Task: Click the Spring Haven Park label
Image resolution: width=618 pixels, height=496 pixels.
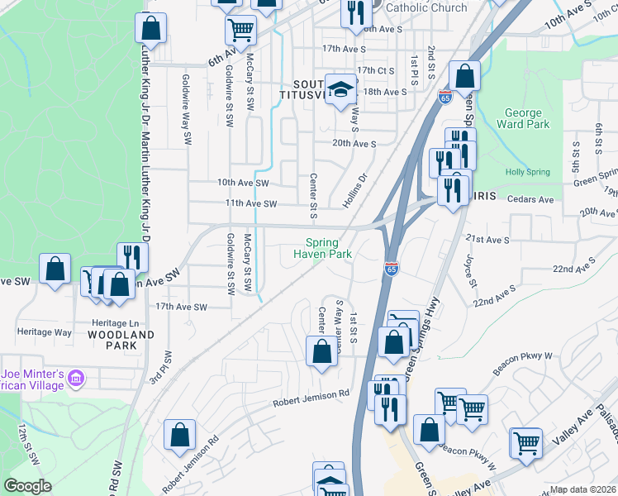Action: (x=322, y=248)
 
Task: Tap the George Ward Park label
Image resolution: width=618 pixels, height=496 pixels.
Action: (x=523, y=119)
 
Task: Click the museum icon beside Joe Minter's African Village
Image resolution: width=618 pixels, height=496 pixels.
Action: (x=77, y=379)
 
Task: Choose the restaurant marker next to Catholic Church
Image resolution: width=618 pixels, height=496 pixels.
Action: (x=356, y=13)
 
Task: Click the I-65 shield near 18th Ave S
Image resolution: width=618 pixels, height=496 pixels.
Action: (x=445, y=98)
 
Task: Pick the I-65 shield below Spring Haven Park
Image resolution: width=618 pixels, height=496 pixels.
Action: (x=392, y=269)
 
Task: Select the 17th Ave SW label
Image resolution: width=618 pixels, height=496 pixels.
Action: (x=181, y=306)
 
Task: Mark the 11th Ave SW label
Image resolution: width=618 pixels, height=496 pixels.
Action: (x=241, y=203)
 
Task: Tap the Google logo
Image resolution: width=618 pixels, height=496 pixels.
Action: (x=28, y=486)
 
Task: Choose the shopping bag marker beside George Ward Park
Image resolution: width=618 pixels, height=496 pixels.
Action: (x=465, y=76)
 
